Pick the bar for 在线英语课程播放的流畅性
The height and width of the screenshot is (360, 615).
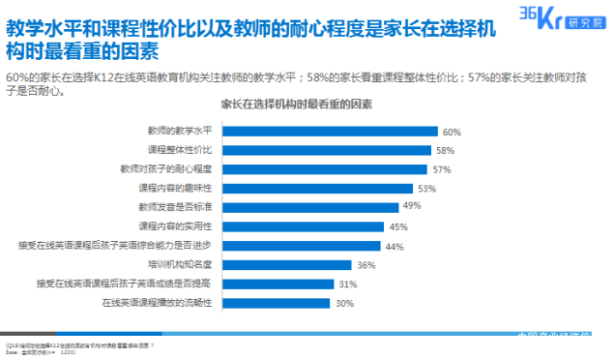[x=278, y=303]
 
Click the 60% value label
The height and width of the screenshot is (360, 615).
[x=451, y=132]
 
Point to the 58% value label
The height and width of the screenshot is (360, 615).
[x=444, y=150]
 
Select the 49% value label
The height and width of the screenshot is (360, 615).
[x=412, y=207]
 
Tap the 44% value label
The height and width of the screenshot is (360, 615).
[x=394, y=246]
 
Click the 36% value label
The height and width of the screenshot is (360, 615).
[x=366, y=265]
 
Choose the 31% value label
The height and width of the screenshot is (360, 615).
[x=348, y=285]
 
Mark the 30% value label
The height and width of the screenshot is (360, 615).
[x=343, y=304]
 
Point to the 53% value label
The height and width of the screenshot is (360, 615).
[x=426, y=189]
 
